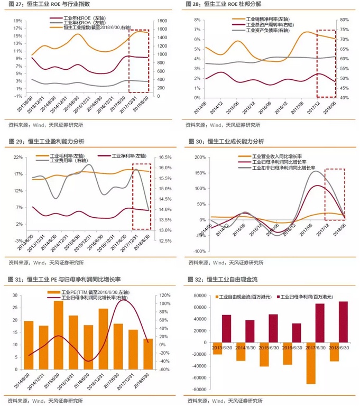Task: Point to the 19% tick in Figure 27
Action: point(18,21)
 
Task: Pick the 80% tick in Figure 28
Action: point(344,20)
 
